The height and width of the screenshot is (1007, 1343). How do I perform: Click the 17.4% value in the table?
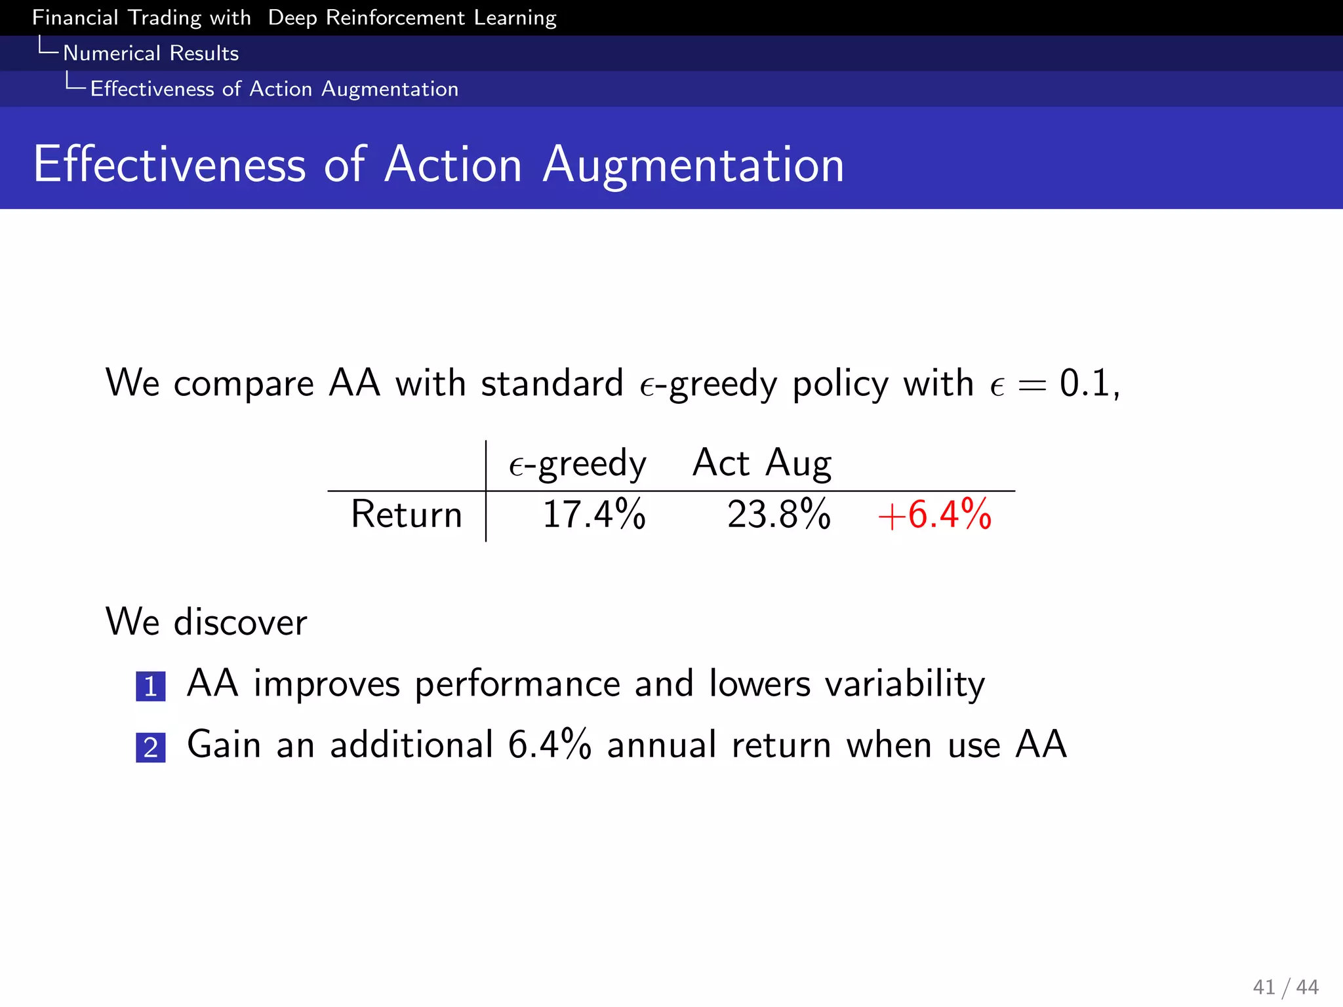(x=594, y=514)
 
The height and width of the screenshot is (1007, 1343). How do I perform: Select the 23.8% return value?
(x=778, y=514)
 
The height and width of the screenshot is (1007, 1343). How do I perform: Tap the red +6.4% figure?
(x=934, y=514)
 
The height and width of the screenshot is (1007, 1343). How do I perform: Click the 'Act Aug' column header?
(x=762, y=463)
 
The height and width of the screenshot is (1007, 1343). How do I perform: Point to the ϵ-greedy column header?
(x=578, y=464)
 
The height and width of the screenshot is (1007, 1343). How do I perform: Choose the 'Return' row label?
(x=407, y=514)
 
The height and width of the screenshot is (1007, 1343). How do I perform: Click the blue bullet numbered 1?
(x=151, y=686)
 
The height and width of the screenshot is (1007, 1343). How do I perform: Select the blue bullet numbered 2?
(x=151, y=747)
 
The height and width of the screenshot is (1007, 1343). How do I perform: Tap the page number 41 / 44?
(x=1285, y=987)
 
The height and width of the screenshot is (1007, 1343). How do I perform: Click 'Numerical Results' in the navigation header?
(x=151, y=53)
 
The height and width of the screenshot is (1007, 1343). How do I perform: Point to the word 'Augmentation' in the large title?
(x=694, y=165)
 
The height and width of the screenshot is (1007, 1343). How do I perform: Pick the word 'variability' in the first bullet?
(x=905, y=684)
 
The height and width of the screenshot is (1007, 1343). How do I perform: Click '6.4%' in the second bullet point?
(x=550, y=745)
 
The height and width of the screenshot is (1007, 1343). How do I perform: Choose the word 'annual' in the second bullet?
(x=662, y=745)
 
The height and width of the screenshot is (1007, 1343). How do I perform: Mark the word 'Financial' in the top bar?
(x=75, y=18)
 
